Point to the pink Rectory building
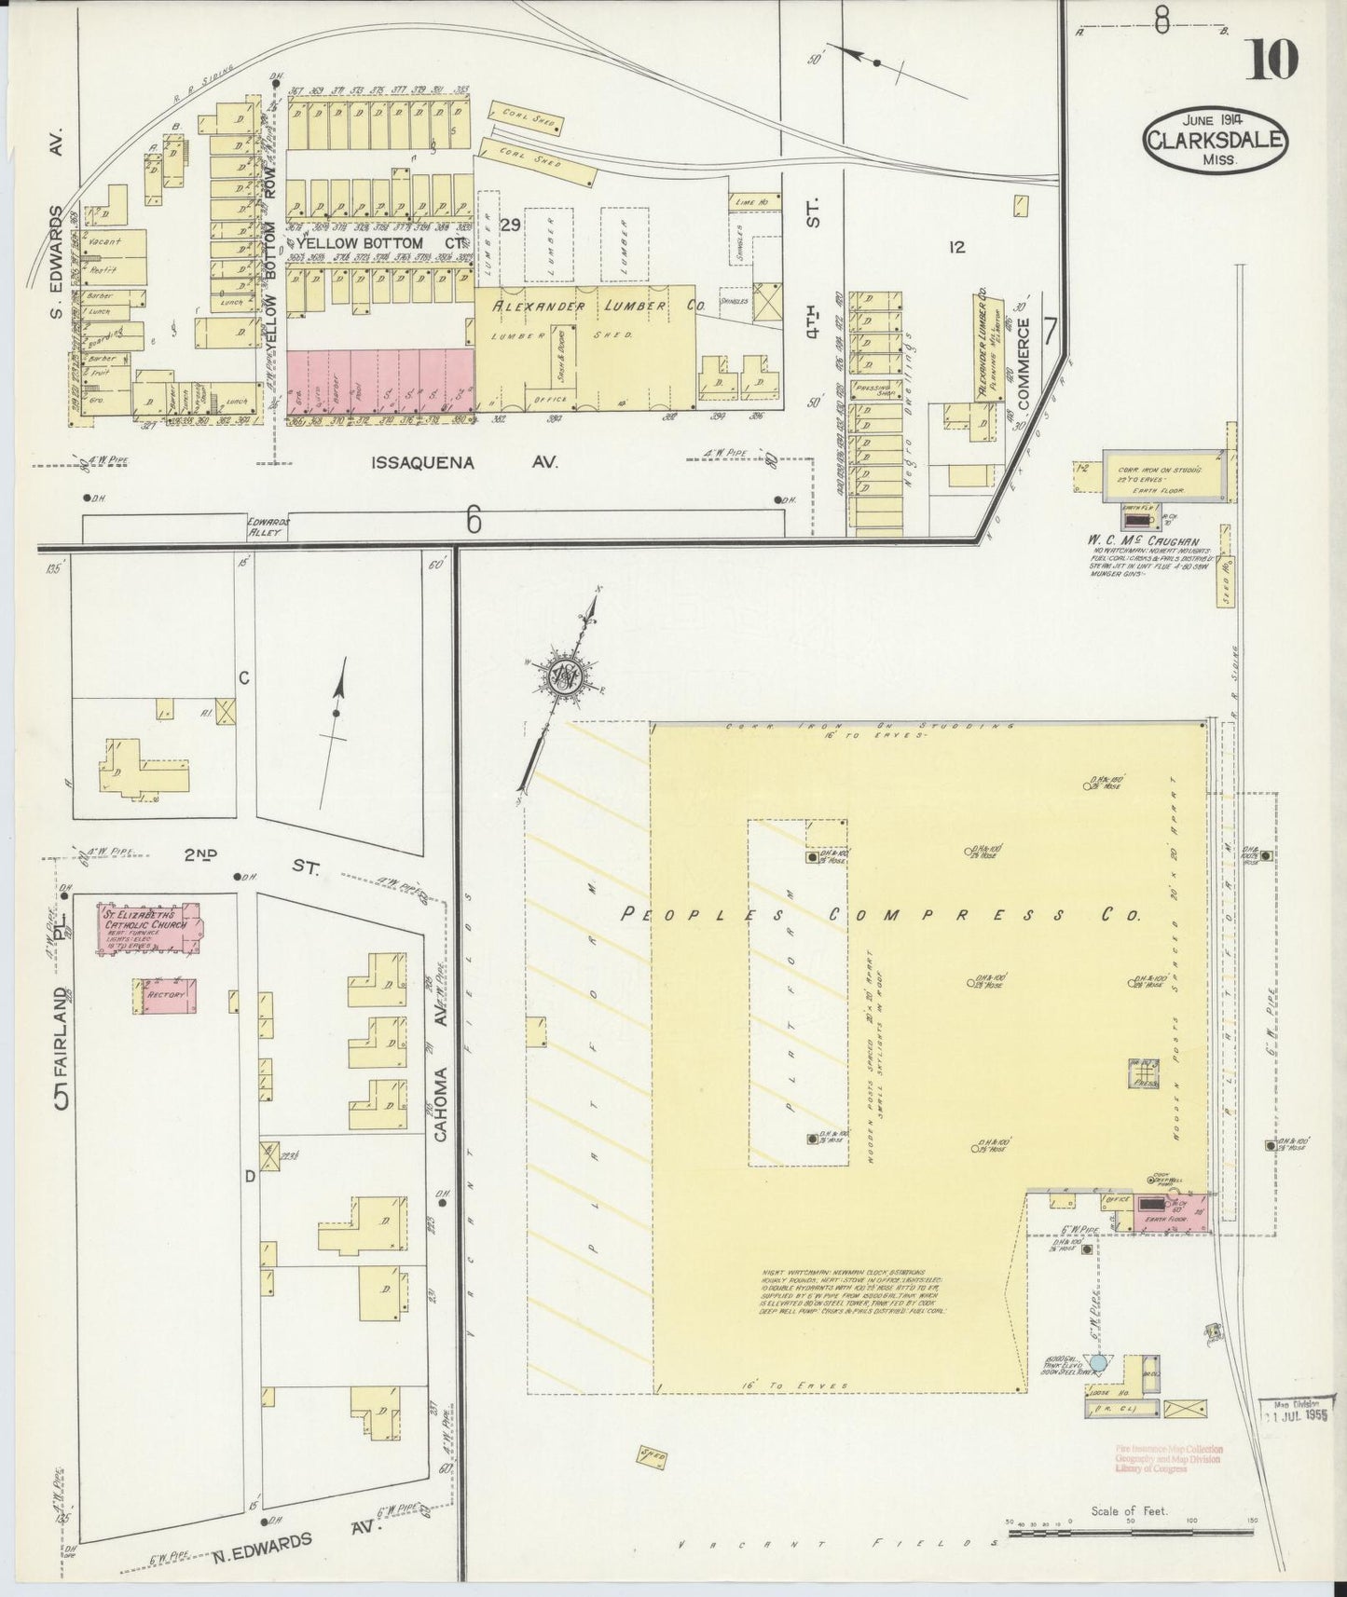click(167, 995)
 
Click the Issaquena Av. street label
click(463, 462)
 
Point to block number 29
click(510, 225)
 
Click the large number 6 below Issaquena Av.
click(474, 524)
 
